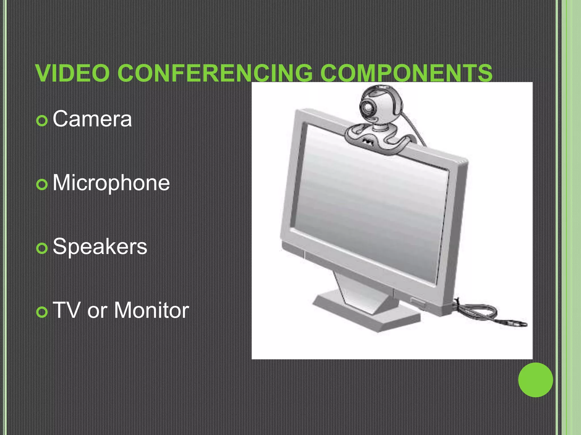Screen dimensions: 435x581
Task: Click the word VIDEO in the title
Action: click(73, 73)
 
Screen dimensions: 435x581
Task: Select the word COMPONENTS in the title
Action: click(406, 73)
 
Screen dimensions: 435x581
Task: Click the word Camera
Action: click(92, 119)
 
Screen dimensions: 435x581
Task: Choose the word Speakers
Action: click(100, 247)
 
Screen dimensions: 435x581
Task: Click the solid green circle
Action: click(535, 380)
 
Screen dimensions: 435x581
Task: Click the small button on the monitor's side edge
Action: click(418, 301)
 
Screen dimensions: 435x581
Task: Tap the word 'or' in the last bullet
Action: click(96, 311)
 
